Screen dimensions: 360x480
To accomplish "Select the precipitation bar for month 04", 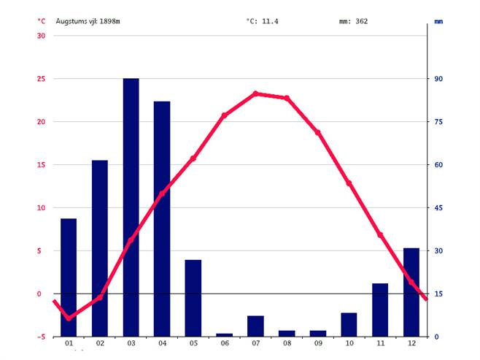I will click(162, 219).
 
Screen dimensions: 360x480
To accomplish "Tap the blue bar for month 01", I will click(69, 277).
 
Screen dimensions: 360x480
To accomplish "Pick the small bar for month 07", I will click(255, 326).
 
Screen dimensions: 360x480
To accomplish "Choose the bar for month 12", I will click(411, 292).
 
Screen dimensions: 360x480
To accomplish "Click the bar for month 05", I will click(193, 298).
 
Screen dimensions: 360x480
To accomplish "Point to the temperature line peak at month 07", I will click(255, 93).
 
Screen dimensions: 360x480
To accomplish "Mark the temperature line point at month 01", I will click(69, 318).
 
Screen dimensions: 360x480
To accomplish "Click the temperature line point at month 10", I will click(349, 183).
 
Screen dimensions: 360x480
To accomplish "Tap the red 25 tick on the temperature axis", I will click(41, 79).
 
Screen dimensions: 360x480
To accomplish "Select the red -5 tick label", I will click(41, 337).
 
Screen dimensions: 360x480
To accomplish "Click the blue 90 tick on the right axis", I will click(440, 79).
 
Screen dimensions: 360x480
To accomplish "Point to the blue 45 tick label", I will click(440, 208).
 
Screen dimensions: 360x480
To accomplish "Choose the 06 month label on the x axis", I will click(224, 344).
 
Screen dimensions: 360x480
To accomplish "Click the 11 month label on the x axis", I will click(380, 344).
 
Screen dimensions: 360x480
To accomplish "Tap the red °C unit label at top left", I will click(41, 21).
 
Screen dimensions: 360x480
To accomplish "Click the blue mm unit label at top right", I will click(438, 21).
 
